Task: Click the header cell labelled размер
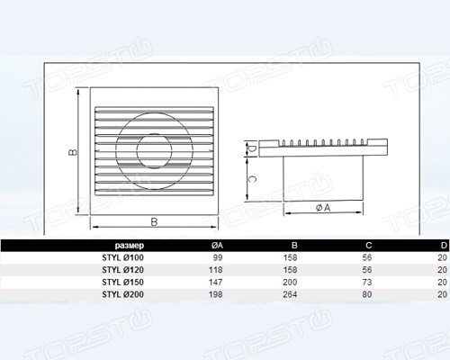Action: click(x=130, y=246)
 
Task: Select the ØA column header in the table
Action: click(x=217, y=246)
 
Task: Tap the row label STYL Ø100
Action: click(x=122, y=257)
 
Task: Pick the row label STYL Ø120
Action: click(x=122, y=270)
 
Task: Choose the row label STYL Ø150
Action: click(x=122, y=283)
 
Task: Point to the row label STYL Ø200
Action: click(x=122, y=294)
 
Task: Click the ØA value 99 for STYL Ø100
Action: click(x=218, y=257)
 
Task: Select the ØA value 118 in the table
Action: click(x=216, y=270)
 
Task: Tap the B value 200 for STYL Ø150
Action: click(x=290, y=283)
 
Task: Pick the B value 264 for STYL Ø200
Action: click(x=290, y=294)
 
